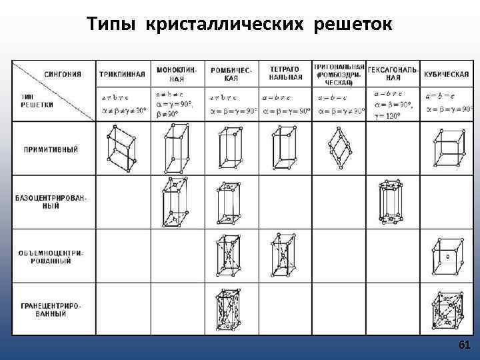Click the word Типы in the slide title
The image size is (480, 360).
111,25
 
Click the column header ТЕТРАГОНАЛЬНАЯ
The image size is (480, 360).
286,73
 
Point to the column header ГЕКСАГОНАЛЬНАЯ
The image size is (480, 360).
393,73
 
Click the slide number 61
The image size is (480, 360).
465,345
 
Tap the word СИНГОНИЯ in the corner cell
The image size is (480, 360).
63,74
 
